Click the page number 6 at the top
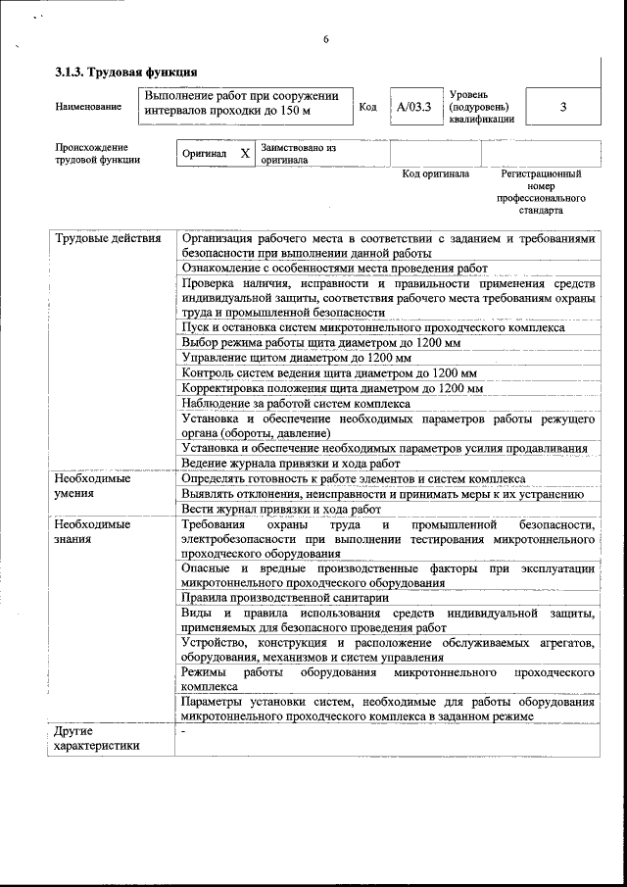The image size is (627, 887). [x=325, y=40]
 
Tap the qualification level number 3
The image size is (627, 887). [x=562, y=108]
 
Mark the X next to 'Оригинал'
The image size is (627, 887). [x=245, y=154]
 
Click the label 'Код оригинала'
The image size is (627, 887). [x=436, y=174]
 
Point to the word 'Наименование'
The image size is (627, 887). [x=89, y=107]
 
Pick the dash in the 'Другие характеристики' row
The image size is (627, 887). [x=182, y=731]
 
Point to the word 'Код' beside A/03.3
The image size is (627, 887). [x=367, y=108]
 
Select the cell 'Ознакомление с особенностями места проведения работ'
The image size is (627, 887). [x=334, y=268]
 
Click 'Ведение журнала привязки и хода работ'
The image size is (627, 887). [x=291, y=463]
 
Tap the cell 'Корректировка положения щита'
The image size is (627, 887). [x=332, y=388]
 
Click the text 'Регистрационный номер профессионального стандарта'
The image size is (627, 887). [x=541, y=192]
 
